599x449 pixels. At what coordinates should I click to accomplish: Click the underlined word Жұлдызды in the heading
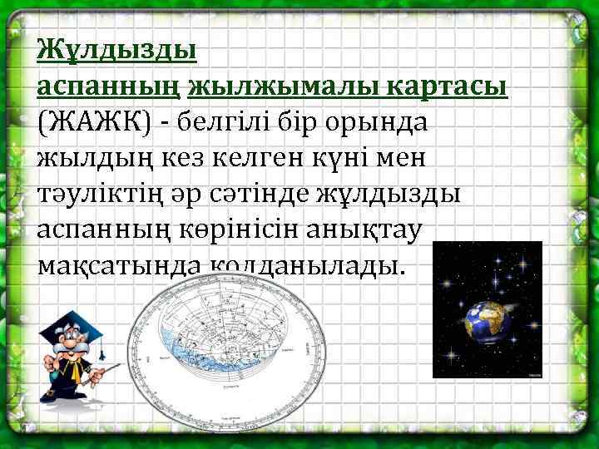coord(116,51)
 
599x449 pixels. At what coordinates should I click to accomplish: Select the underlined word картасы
coord(458,86)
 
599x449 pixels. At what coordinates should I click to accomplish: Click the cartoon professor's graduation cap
coord(76,321)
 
